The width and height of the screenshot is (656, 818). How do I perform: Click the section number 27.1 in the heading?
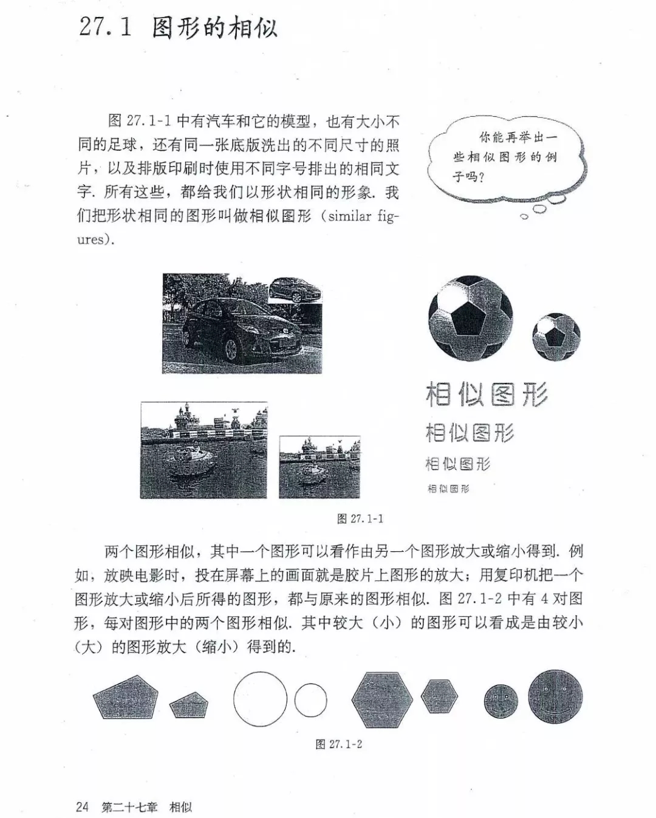coord(105,27)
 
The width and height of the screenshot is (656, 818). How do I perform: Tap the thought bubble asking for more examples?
coord(505,159)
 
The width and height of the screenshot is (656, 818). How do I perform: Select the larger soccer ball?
coord(471,317)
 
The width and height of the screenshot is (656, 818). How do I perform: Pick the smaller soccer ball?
coord(556,336)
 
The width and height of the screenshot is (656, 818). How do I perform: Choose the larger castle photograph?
coord(203,450)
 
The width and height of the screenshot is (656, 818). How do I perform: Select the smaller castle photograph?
coord(319,467)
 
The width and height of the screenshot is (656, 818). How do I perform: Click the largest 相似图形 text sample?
coord(487,394)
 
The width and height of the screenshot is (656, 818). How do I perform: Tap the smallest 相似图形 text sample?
coord(448,489)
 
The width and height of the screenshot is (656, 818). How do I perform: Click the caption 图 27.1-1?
coord(360,518)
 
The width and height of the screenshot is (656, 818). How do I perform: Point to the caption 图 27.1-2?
coord(339,744)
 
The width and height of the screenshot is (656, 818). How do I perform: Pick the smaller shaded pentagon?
coord(189,705)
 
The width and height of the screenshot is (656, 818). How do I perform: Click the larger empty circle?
coord(260,699)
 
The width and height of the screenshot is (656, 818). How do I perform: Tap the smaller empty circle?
coord(310,700)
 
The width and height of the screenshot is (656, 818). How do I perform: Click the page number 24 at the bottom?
coord(82,806)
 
